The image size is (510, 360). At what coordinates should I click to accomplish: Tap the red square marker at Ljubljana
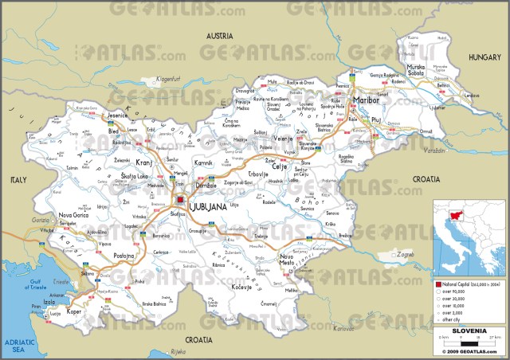point(181,200)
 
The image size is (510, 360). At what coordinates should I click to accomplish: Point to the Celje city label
point(280,145)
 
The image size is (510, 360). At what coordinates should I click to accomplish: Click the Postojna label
point(124,256)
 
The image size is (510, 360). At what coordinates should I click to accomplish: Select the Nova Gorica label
point(74,215)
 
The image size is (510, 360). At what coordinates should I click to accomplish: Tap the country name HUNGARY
point(484,57)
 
